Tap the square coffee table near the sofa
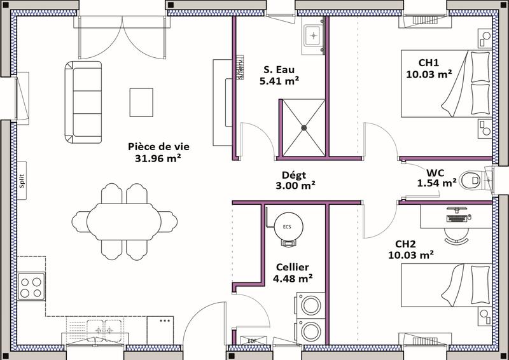coord(141,102)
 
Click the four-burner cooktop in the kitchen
coord(31,286)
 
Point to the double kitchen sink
coord(102,330)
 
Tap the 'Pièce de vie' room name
coord(157,146)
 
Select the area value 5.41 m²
coord(280,81)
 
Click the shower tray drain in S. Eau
coord(305,126)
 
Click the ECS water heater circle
coord(286,225)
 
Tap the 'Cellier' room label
coord(293,267)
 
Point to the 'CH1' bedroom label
coord(429,62)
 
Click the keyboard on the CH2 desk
coord(456,218)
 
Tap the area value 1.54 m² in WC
coord(437,183)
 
